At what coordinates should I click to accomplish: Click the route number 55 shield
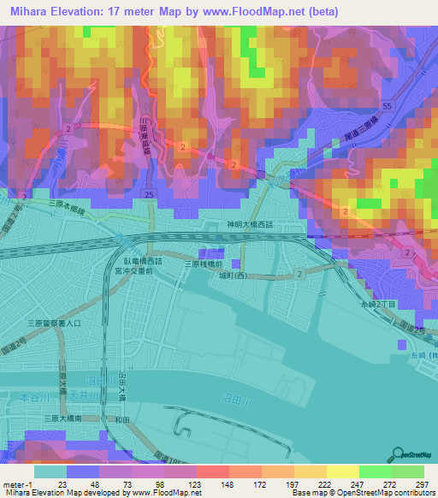[x=387, y=105]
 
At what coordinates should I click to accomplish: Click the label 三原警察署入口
[x=53, y=323]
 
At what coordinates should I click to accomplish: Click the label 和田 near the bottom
[x=121, y=419]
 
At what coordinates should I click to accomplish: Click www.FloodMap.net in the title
[x=258, y=12]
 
